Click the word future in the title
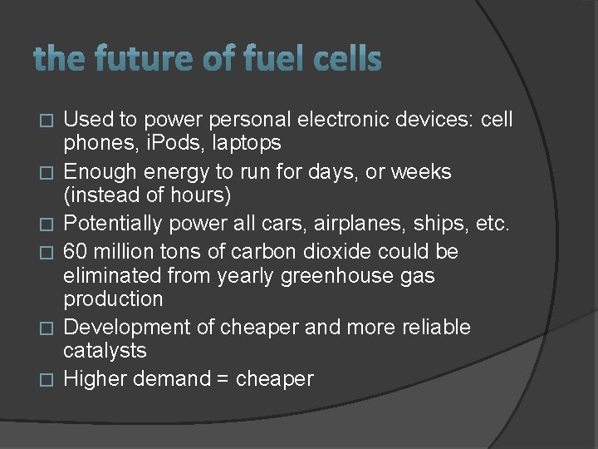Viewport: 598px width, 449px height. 134,59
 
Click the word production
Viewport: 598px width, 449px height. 113,298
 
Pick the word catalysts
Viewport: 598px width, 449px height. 105,350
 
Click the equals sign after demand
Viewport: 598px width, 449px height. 222,379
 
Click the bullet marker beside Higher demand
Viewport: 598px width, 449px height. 47,380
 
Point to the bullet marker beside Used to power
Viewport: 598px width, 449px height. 47,121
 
